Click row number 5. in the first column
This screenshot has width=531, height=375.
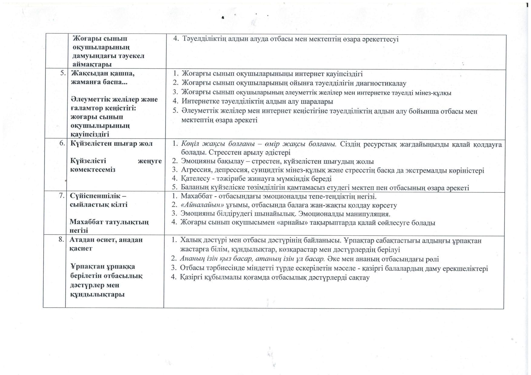[63, 73]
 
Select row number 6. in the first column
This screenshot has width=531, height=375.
[62, 143]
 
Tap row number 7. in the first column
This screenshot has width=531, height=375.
[61, 195]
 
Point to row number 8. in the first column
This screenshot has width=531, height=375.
[61, 240]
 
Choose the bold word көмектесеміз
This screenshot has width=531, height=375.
[93, 169]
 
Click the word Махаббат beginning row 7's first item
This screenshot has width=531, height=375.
[196, 197]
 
